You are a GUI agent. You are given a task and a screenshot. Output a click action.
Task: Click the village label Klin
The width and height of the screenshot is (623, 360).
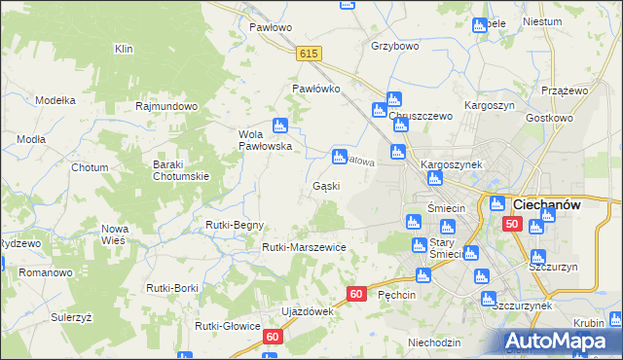[123, 49]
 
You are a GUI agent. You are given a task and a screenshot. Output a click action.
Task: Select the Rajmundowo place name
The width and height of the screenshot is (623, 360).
[167, 106]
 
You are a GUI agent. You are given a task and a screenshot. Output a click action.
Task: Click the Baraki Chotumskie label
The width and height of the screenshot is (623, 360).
[181, 170]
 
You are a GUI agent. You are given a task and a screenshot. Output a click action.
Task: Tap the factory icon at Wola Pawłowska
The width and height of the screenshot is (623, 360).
[280, 125]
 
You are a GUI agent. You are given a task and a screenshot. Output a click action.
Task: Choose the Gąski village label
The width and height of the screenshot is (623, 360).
[325, 185]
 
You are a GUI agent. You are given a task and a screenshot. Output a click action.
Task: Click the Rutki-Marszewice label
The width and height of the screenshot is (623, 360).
[304, 247]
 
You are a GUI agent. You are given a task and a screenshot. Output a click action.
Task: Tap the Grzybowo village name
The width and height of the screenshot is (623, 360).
[394, 46]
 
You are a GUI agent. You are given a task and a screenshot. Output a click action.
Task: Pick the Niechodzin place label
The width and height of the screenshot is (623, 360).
[434, 342]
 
